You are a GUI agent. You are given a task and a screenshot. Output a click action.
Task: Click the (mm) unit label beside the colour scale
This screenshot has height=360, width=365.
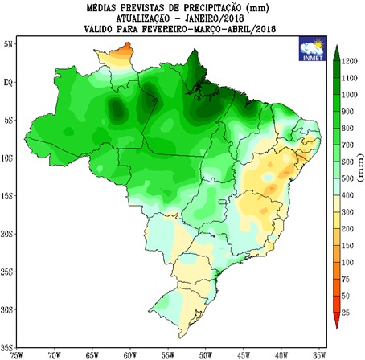(358, 186)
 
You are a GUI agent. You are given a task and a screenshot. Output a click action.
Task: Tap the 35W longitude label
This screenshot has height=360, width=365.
(319, 354)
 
